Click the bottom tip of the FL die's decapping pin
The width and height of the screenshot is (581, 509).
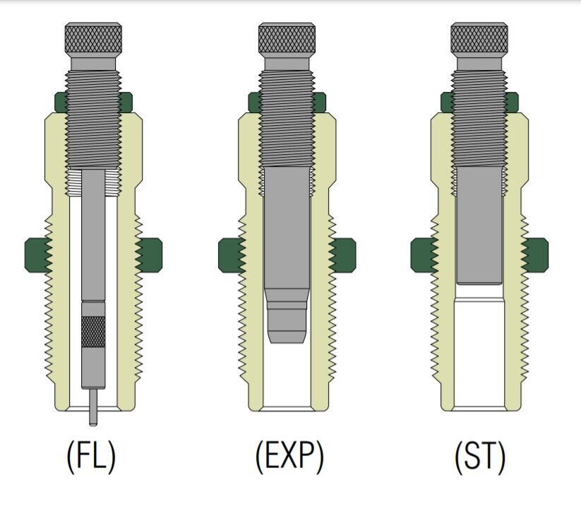pos(93,425)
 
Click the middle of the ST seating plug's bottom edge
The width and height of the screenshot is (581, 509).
pos(479,283)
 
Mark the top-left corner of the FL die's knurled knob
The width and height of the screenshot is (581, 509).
pos(66,24)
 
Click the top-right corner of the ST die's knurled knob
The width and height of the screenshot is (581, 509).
pos(507,24)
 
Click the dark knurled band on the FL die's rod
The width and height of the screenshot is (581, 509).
pos(93,332)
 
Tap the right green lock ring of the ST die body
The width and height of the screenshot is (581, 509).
pos(534,255)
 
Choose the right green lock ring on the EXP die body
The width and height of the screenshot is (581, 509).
pos(342,255)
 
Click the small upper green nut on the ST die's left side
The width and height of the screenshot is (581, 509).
pos(446,103)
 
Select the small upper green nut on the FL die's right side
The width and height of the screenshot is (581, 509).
pos(126,103)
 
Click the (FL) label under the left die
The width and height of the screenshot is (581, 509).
pos(91,456)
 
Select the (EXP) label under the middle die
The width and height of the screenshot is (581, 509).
pos(289,456)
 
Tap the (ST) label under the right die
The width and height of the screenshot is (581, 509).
pos(480,456)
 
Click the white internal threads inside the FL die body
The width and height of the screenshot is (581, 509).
pos(93,182)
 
